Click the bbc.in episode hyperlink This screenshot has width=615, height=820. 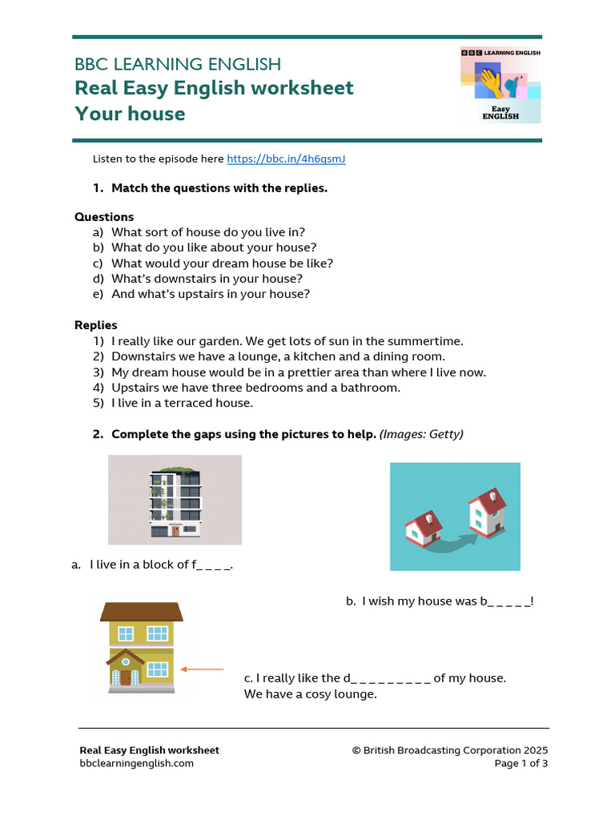[x=286, y=159]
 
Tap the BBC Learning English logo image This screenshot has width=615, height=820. [x=500, y=85]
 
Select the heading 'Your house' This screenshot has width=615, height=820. [x=130, y=114]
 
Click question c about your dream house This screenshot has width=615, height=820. [x=222, y=263]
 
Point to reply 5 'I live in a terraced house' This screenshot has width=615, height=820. [x=182, y=403]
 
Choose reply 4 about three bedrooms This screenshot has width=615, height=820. [x=255, y=388]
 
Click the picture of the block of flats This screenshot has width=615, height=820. [x=175, y=500]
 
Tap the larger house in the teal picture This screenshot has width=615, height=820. [x=488, y=512]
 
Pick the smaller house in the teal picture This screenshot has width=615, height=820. [x=424, y=529]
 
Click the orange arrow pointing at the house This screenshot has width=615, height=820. [x=202, y=669]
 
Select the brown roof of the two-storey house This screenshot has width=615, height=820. [x=141, y=612]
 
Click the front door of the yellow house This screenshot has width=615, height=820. [x=125, y=677]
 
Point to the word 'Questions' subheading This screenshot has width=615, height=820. [x=104, y=217]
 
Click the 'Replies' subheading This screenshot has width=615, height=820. [x=96, y=325]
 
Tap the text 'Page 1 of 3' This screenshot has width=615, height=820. [x=521, y=763]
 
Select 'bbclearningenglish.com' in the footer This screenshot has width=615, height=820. [x=136, y=763]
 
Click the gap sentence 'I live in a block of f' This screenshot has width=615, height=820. [x=160, y=565]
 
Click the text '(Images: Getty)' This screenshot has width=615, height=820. [x=421, y=434]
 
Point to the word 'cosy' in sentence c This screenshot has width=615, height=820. [x=314, y=694]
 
